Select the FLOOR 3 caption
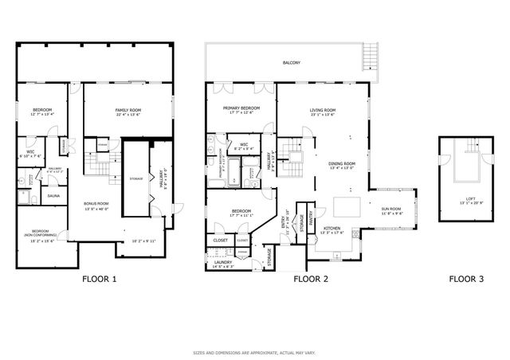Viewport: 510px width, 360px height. point(466,280)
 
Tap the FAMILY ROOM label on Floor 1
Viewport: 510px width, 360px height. point(127,112)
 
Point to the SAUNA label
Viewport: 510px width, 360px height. point(54,195)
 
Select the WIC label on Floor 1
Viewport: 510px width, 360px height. point(30,151)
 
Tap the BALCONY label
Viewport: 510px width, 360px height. point(291,62)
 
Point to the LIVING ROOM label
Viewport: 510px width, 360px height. point(323,112)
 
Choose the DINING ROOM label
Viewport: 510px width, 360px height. point(342,166)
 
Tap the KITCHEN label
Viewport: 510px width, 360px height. point(332,231)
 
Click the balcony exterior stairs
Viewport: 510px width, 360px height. point(371,58)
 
